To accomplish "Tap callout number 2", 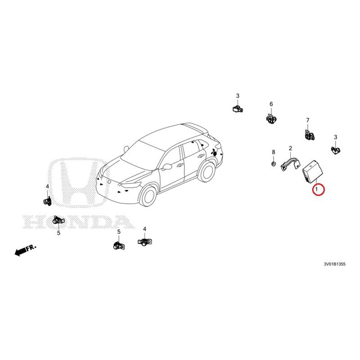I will click(x=290, y=148).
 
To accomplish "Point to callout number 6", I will click(x=271, y=104).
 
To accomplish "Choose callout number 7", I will click(x=308, y=120).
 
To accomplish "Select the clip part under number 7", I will click(x=308, y=135).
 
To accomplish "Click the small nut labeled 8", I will click(x=274, y=164).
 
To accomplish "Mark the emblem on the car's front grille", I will click(x=108, y=181).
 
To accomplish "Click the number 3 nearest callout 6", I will click(x=238, y=96).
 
